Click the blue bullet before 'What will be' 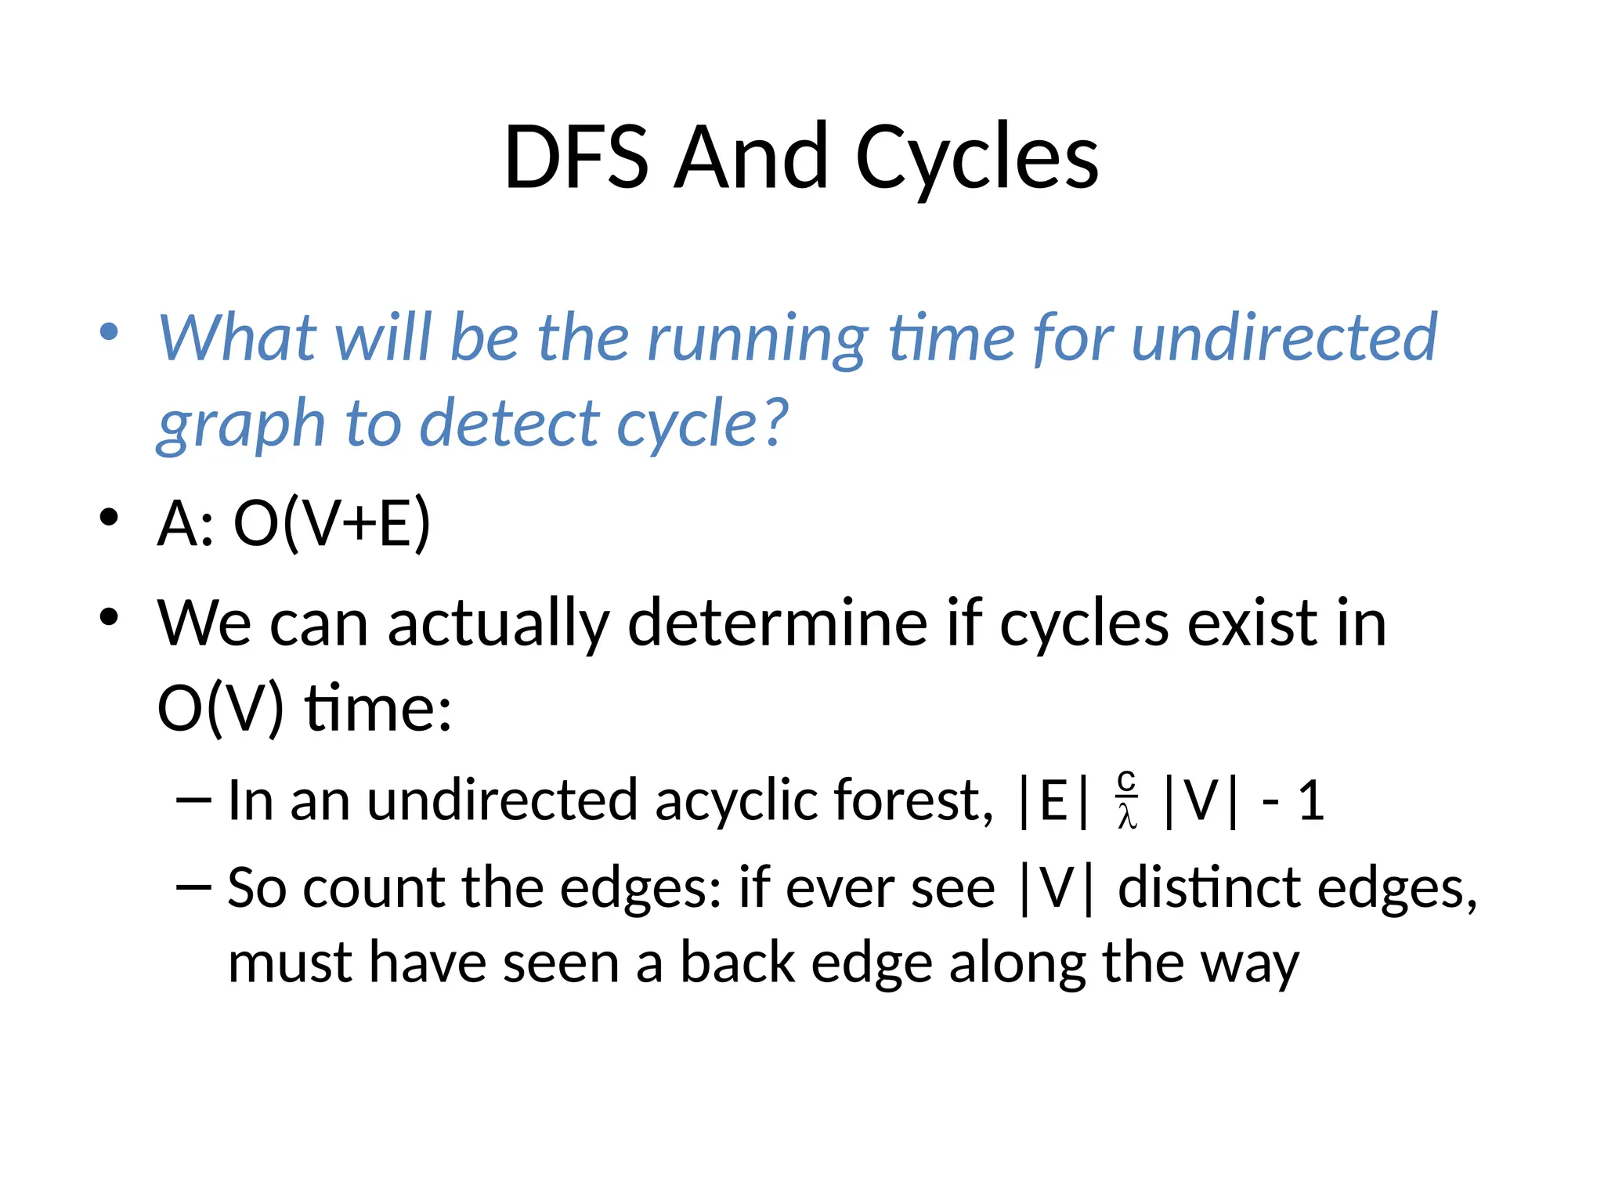[x=110, y=331]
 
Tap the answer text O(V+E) [x=332, y=523]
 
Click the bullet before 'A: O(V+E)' [x=110, y=518]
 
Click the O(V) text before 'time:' [x=220, y=708]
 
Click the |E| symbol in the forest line [x=1053, y=800]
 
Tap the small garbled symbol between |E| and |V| [x=1126, y=800]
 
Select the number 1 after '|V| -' [x=1310, y=800]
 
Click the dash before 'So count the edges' [x=193, y=887]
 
